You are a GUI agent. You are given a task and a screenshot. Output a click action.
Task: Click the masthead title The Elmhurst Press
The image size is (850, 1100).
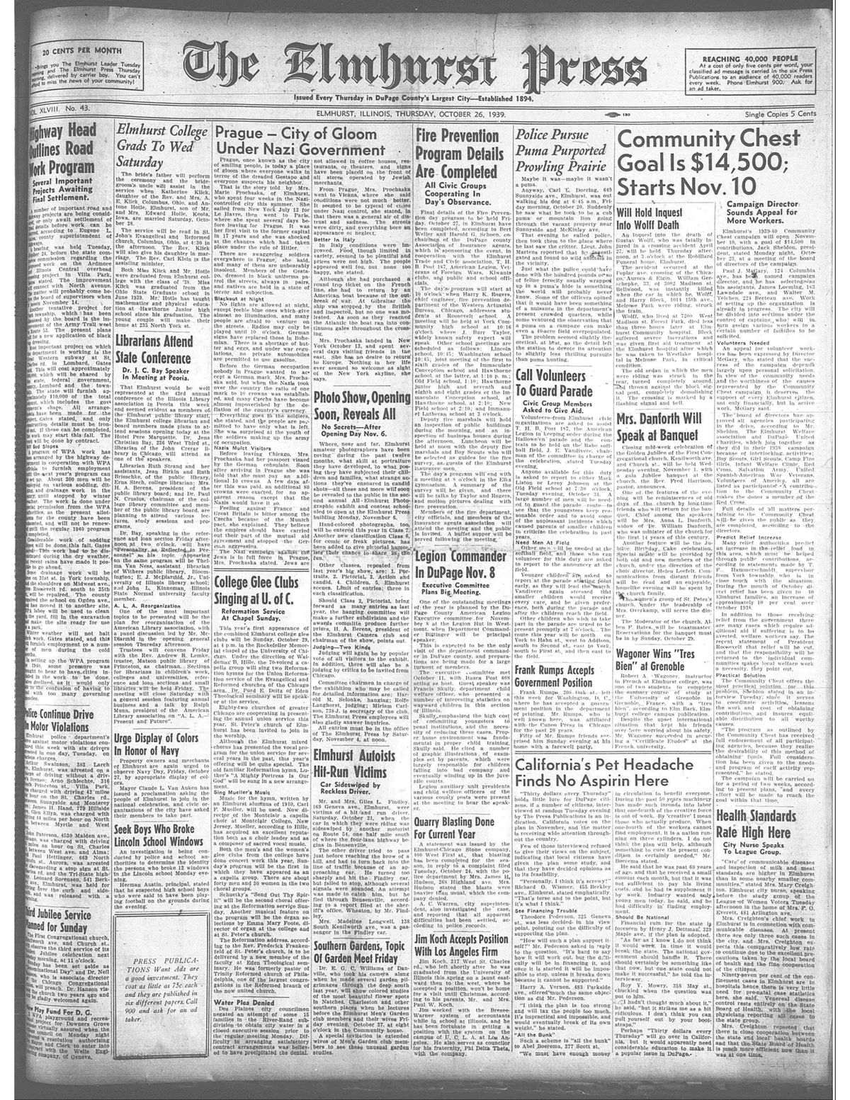click(418, 69)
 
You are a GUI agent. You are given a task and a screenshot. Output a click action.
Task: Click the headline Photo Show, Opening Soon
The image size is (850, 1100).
click(361, 406)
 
